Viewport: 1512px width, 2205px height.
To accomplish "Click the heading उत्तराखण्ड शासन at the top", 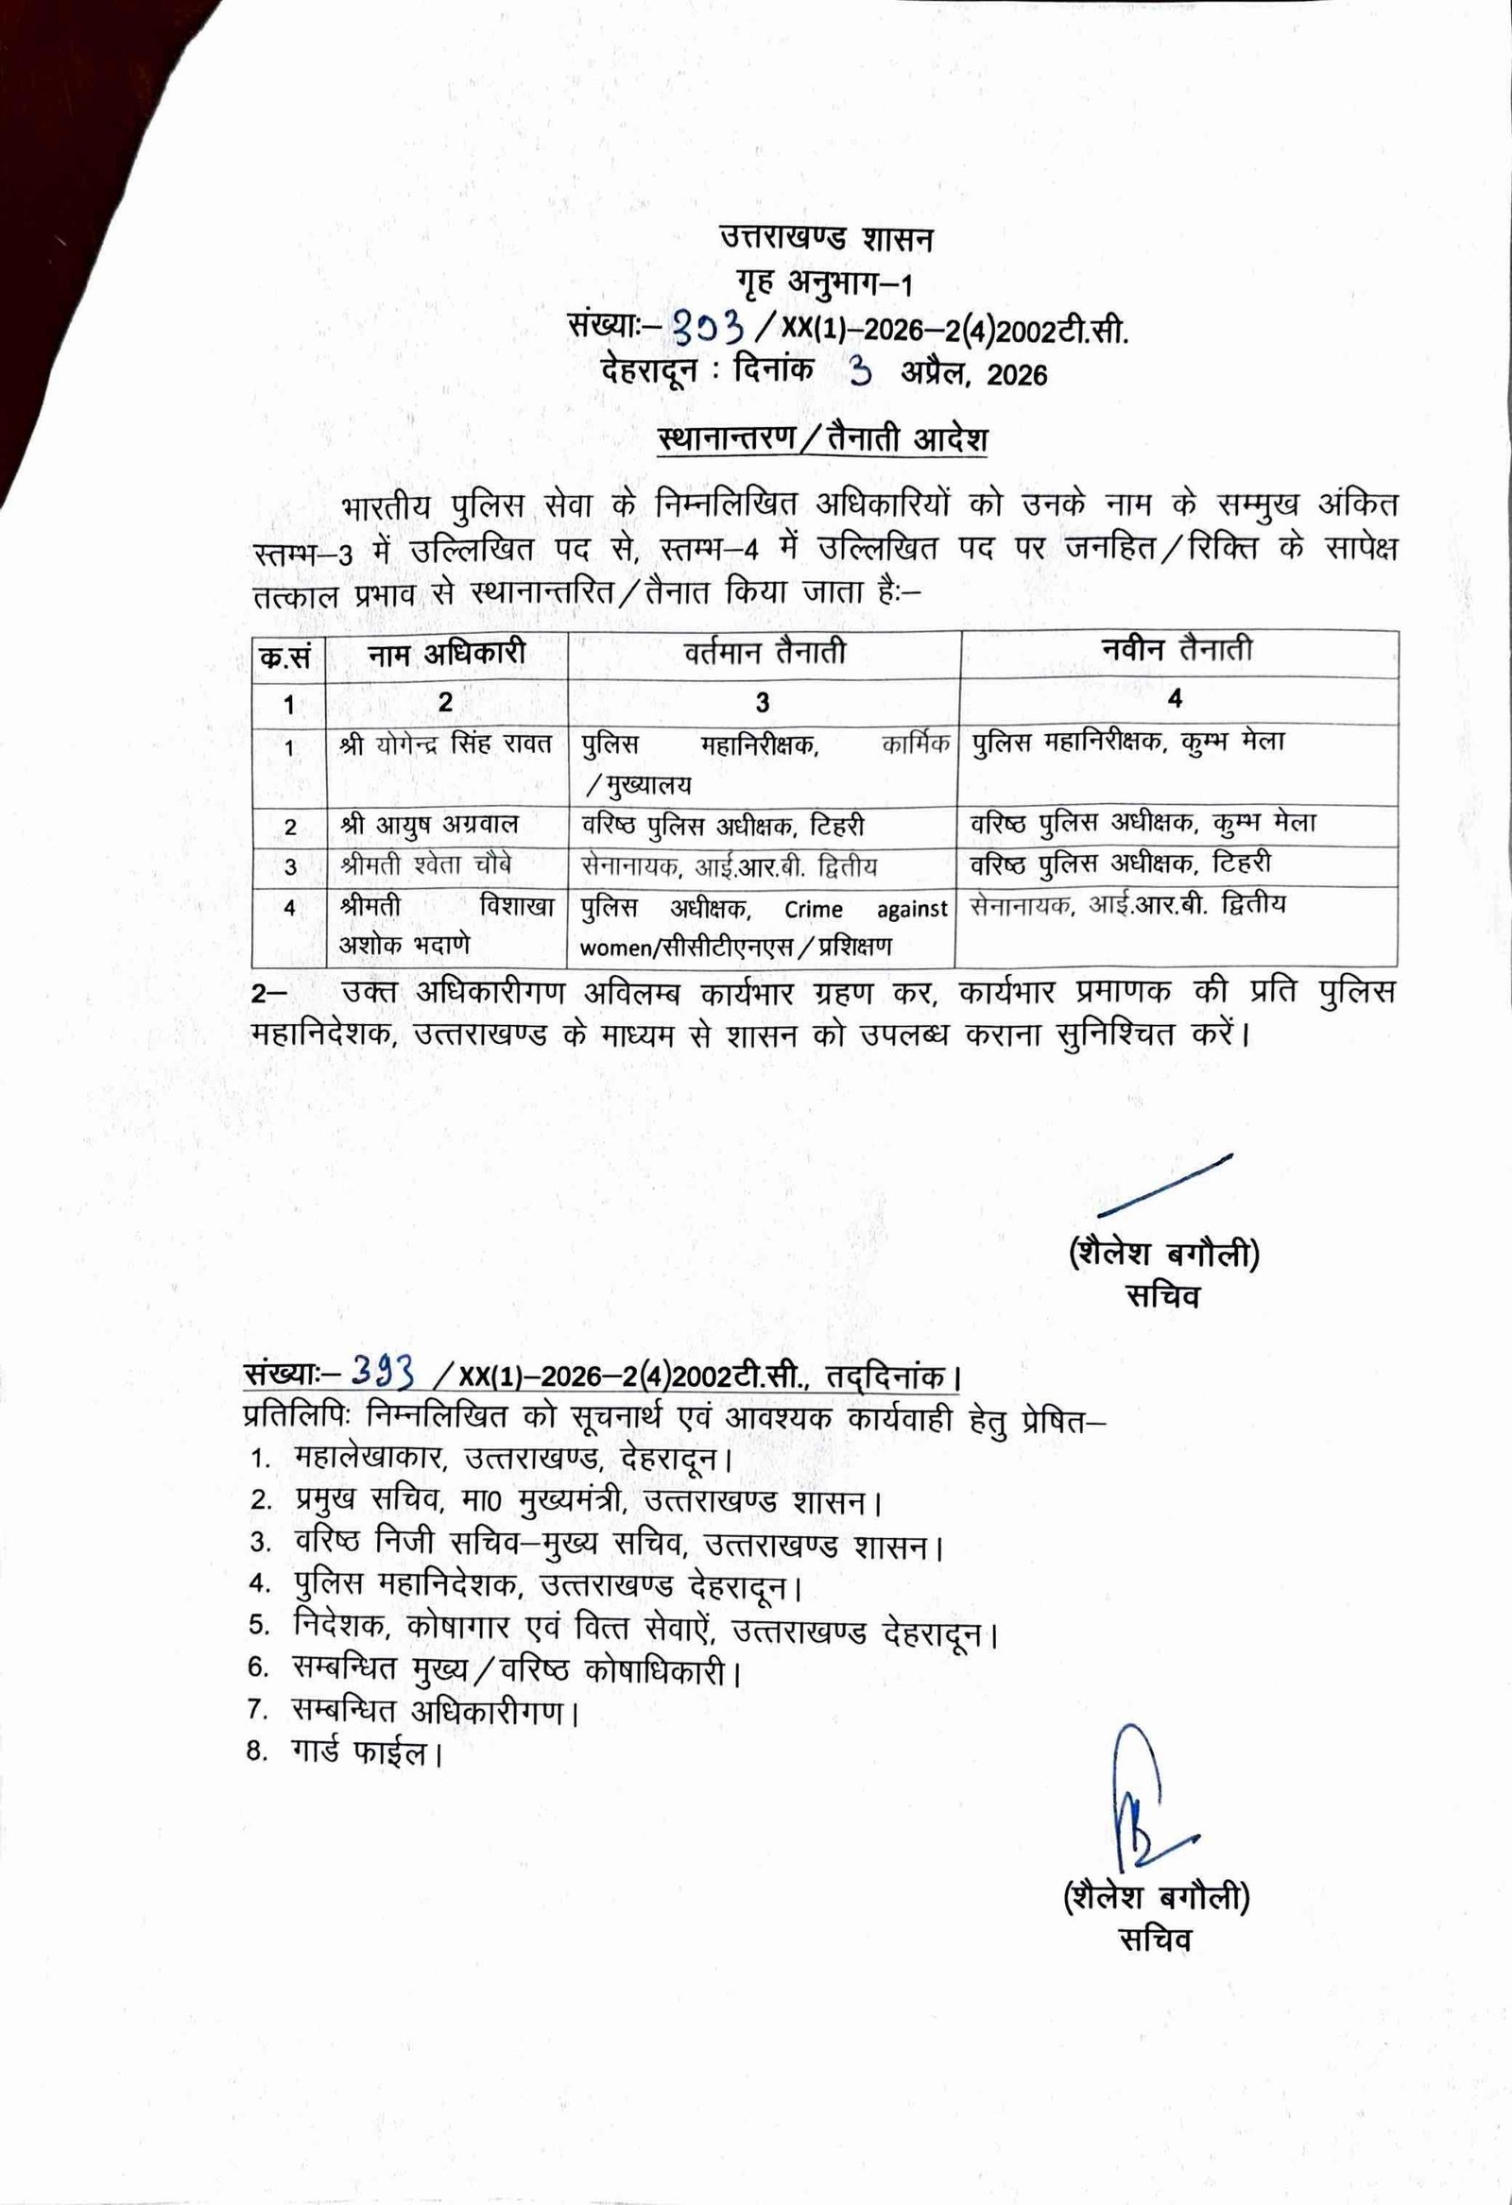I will [826, 238].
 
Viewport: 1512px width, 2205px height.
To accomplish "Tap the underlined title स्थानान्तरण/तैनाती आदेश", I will [823, 440].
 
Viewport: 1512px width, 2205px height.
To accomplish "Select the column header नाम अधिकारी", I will [446, 654].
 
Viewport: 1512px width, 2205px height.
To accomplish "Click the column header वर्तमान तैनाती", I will [765, 653].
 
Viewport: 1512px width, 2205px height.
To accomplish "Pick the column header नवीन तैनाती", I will [1177, 649].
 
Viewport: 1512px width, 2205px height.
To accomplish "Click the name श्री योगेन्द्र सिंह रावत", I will [445, 744].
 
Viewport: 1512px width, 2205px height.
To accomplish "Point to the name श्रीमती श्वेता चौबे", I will [433, 864].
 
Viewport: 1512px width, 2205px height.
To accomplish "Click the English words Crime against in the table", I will [866, 909].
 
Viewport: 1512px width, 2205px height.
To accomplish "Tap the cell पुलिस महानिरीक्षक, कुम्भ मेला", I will [1128, 742].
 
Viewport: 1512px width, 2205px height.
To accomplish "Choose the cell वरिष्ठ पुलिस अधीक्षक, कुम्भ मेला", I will [1143, 822].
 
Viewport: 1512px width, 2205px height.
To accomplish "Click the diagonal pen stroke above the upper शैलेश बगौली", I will [1164, 1183].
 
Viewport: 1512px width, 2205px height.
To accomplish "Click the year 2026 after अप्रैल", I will [1017, 376].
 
